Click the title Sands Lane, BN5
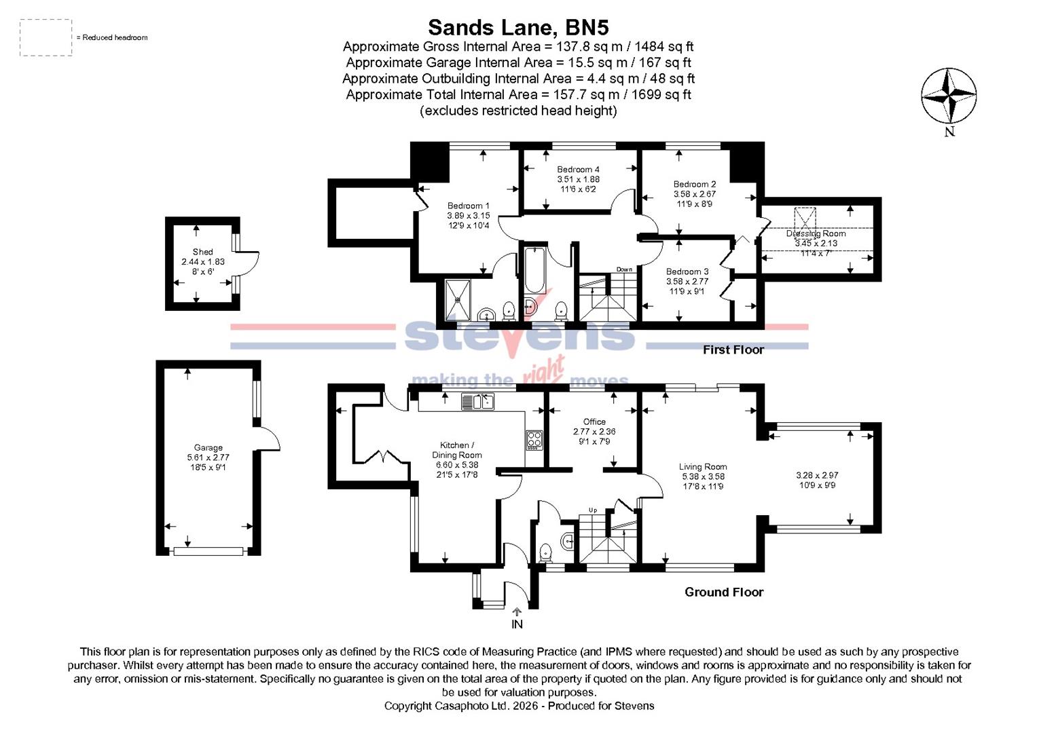pyautogui.click(x=517, y=27)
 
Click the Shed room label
pyautogui.click(x=202, y=252)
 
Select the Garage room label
pyautogui.click(x=208, y=448)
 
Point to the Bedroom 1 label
pyautogui.click(x=468, y=206)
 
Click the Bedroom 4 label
pyautogui.click(x=578, y=170)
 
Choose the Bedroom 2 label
pyautogui.click(x=694, y=185)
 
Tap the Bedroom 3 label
pyautogui.click(x=687, y=271)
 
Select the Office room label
pyautogui.click(x=594, y=422)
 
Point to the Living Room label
pyautogui.click(x=703, y=467)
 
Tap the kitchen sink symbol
pyautogui.click(x=479, y=402)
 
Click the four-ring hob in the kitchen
pyautogui.click(x=534, y=440)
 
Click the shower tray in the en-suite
pyautogui.click(x=460, y=299)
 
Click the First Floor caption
pyautogui.click(x=733, y=350)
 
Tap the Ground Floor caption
pyautogui.click(x=723, y=593)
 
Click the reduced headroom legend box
pyautogui.click(x=46, y=37)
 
